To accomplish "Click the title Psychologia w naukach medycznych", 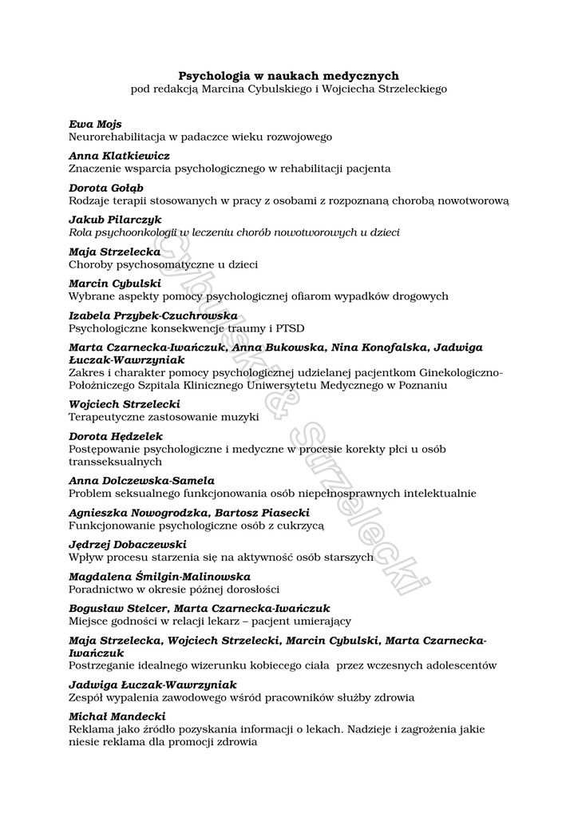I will coord(288,75).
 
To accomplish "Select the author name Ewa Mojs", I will coord(95,124).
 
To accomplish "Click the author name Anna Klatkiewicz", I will coord(119,156).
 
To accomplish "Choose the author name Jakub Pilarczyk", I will coord(115,220).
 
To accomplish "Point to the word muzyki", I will coord(241,417).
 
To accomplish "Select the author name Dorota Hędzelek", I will coord(116,436).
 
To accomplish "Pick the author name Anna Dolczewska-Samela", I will coord(141,481).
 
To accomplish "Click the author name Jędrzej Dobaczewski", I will coord(128,545).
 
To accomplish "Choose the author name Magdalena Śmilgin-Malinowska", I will coord(160,577).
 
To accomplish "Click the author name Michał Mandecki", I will coord(117,717).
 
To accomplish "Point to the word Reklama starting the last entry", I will coord(90,729).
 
